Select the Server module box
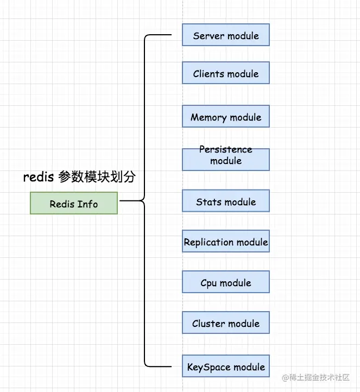[226, 35]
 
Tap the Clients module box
[226, 73]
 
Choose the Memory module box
[226, 116]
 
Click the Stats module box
[226, 201]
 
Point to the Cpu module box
[226, 282]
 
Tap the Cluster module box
[226, 323]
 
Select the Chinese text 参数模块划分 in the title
[96, 177]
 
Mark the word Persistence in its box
[226, 149]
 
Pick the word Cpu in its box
[209, 283]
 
